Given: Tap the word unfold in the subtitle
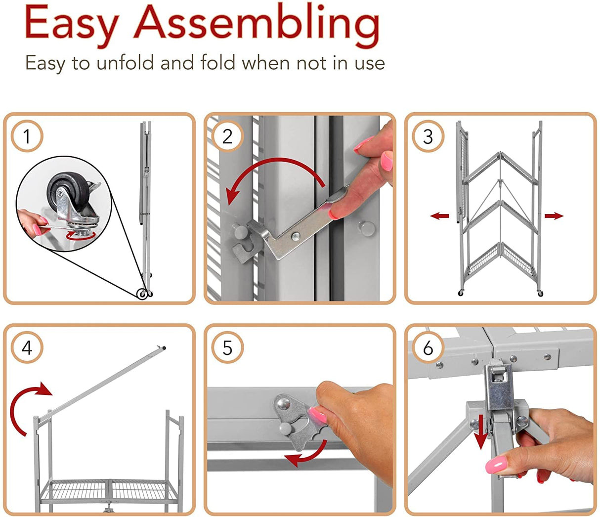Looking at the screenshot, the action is [125, 62].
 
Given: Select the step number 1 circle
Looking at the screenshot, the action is [27, 136].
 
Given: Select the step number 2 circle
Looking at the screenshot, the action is [227, 136].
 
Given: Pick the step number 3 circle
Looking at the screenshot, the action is [428, 136].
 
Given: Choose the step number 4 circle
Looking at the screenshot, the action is [27, 347].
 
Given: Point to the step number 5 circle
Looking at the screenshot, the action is [227, 347].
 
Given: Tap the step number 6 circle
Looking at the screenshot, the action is [428, 347].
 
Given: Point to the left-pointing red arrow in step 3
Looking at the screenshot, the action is [439, 215].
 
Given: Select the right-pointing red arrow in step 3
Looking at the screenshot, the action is [554, 215].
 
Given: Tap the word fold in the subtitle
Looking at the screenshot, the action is [217, 62].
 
